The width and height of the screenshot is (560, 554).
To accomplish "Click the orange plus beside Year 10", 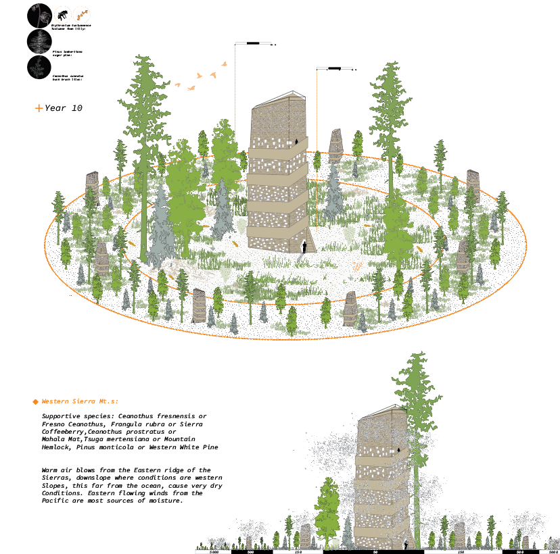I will pos(39,107).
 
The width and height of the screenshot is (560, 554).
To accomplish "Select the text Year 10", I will pos(64,107).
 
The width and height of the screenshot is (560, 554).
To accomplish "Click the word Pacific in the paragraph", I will pos(57,501).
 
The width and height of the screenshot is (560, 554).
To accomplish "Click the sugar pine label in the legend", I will pos(65,51).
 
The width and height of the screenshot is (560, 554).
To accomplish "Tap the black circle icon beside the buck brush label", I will pos(39,67).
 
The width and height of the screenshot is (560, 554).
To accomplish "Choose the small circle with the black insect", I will pos(62,15).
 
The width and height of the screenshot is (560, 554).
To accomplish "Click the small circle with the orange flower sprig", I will pos(80,15).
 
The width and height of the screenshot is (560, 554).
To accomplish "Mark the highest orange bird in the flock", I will pos(224,64).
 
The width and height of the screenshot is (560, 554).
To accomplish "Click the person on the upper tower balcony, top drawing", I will pos(296,142).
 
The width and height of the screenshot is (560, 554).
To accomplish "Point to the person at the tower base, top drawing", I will pos(304,247).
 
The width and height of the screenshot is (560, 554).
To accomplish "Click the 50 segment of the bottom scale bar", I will pos(355,552).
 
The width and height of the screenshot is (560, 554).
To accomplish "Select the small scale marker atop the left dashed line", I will pos(254,43).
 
